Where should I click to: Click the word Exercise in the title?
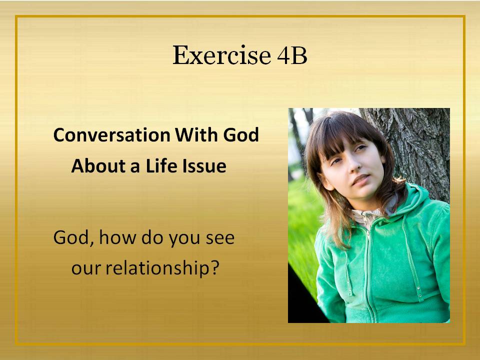(x=221, y=55)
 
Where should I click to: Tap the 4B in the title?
(x=292, y=55)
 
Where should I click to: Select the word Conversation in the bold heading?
(x=111, y=134)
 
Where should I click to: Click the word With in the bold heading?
(x=196, y=134)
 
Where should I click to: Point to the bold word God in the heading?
(x=241, y=134)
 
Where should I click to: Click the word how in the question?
(x=117, y=237)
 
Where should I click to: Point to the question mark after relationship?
(x=215, y=267)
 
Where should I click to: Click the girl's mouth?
(x=360, y=179)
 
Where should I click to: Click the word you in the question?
(x=184, y=239)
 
